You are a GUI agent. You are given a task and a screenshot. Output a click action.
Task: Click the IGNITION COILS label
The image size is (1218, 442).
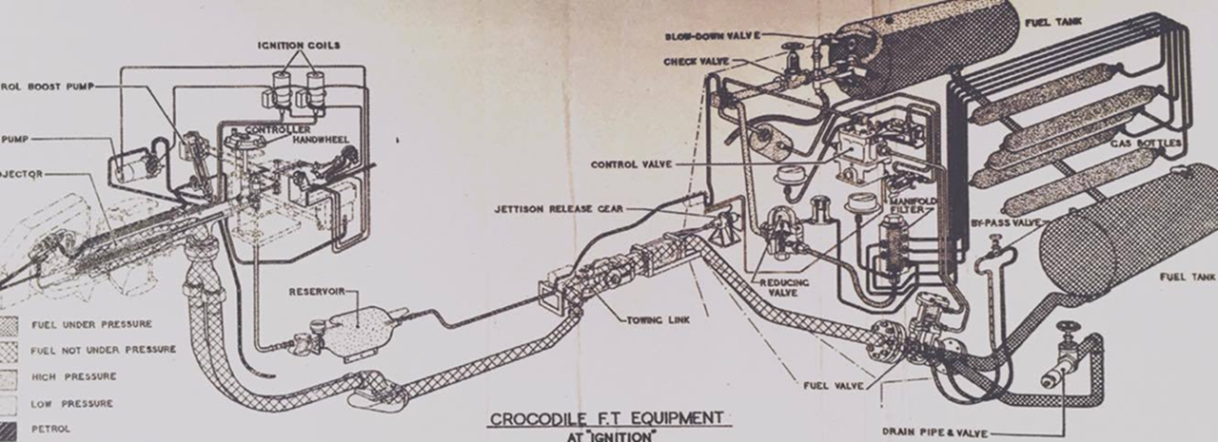(299, 45)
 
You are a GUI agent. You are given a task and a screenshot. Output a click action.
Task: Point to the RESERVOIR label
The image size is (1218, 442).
(317, 292)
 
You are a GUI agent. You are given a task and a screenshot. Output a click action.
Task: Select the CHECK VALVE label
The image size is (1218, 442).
(696, 62)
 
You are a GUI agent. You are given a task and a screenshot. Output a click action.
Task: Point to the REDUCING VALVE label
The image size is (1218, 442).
(782, 289)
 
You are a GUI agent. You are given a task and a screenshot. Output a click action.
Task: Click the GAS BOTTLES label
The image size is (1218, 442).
(1152, 144)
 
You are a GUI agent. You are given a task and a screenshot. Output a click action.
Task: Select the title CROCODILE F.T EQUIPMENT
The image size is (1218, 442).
(606, 418)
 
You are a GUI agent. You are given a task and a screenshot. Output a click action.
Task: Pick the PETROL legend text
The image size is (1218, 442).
(51, 429)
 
